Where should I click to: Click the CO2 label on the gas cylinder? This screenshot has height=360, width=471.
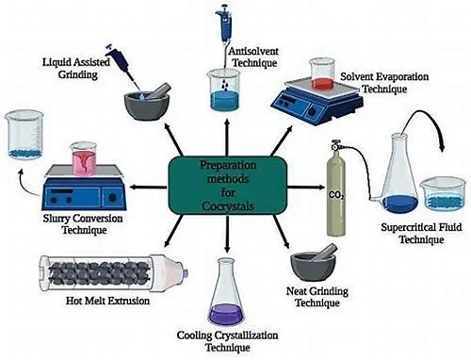336,195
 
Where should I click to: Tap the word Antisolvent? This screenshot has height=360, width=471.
253,51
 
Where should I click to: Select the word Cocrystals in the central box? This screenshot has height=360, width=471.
228,206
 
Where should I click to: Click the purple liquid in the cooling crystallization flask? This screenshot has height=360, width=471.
226,315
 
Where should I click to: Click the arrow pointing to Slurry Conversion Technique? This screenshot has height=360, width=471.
148,188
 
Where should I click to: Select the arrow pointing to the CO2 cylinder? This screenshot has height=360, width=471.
306,188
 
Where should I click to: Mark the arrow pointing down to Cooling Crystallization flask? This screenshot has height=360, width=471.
227,234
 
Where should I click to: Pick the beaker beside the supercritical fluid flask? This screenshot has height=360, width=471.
443,193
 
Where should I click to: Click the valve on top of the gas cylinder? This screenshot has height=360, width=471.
336,145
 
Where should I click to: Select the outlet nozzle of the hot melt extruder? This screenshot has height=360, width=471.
185,273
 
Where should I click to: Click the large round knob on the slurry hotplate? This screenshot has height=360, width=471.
112,198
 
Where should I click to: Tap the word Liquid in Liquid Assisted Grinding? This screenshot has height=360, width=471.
54,62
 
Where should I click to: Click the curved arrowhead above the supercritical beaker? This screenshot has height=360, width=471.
442,146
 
